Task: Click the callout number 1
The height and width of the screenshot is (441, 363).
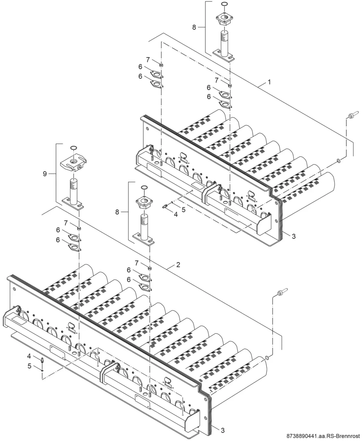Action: click(269, 82)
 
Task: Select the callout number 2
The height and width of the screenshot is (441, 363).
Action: click(178, 265)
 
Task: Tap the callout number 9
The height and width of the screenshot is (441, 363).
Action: click(45, 174)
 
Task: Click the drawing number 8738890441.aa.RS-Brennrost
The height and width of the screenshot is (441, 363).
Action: click(323, 436)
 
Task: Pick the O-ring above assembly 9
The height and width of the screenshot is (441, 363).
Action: click(74, 148)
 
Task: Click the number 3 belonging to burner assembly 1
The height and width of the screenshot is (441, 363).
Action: click(294, 237)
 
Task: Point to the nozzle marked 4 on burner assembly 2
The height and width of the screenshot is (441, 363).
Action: click(42, 360)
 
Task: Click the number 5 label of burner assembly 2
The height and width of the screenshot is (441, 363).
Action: click(29, 366)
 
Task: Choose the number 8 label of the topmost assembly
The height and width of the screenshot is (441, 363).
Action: click(194, 27)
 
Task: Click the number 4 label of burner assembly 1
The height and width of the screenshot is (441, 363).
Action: click(176, 215)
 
